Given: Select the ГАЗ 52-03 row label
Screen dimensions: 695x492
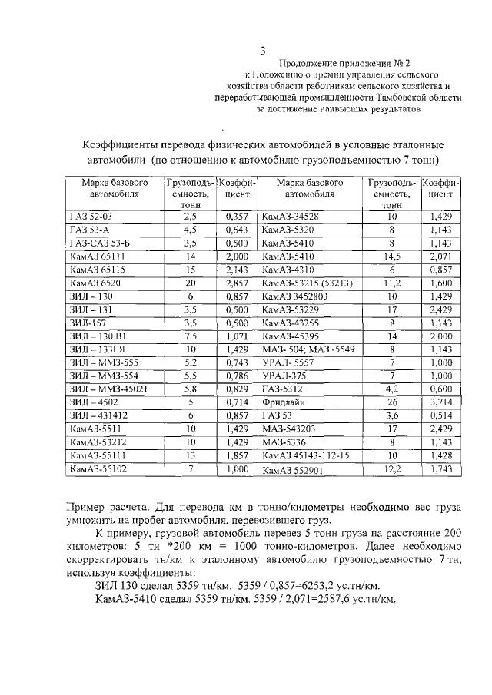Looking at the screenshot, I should [91, 217].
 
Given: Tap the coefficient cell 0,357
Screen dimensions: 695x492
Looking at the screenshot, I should [237, 217].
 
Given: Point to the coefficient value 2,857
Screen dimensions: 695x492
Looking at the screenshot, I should [237, 283].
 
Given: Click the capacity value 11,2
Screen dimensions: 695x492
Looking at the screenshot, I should [391, 283].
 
